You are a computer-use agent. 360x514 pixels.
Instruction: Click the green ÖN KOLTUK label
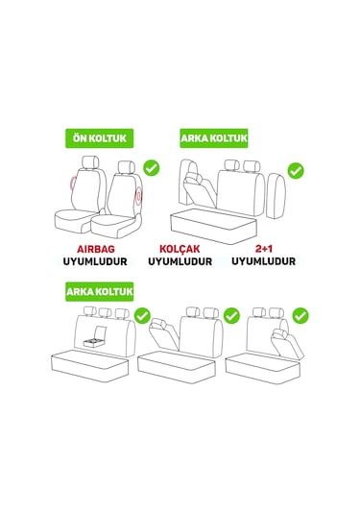point(100,138)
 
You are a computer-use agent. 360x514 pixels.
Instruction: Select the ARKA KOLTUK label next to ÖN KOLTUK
point(214,138)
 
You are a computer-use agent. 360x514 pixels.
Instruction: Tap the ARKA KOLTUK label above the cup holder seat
point(100,291)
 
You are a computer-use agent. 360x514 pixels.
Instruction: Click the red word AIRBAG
point(96,249)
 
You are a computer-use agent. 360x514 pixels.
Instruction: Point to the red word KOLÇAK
point(180,249)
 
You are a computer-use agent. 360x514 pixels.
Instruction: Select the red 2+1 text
point(264,249)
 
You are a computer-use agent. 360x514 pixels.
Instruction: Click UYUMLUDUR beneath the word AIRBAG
point(95,261)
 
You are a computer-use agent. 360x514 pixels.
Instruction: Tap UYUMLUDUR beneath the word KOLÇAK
point(180,261)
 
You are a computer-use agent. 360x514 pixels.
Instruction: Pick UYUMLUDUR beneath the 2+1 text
point(263,261)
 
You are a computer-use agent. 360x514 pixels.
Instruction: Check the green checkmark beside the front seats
point(152,168)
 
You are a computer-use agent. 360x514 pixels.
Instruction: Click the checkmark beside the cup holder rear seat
point(142,316)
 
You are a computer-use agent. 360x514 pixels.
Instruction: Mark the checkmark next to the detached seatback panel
point(296,170)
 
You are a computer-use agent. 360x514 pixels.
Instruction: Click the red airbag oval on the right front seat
point(139,196)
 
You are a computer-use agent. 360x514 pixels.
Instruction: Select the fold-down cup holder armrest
point(95,337)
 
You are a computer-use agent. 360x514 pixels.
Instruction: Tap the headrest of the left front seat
point(90,163)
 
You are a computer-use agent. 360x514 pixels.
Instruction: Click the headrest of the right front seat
point(127,167)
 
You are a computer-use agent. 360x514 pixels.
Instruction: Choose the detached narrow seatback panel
point(276,196)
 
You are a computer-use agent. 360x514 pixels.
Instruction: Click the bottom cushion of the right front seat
point(115,226)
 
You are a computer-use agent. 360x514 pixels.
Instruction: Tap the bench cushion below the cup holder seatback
point(89,365)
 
